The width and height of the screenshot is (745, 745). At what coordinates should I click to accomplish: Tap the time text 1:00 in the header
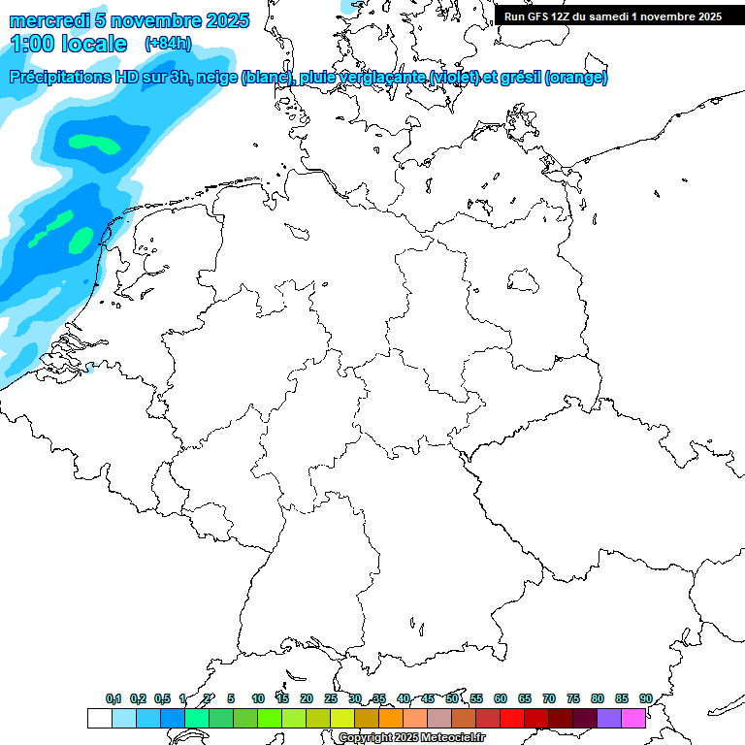[33, 44]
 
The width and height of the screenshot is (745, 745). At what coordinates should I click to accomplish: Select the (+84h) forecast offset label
[167, 44]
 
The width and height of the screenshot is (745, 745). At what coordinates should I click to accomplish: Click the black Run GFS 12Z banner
[613, 16]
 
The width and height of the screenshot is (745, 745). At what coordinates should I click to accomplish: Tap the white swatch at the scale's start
[99, 719]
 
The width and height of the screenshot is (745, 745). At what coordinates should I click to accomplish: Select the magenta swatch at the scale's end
[633, 719]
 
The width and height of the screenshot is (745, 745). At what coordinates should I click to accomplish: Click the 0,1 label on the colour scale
[113, 699]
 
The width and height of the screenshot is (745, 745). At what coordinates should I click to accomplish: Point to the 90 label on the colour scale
[645, 699]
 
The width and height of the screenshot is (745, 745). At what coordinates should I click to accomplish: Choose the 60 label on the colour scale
[501, 699]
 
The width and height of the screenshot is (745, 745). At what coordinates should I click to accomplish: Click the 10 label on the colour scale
[258, 699]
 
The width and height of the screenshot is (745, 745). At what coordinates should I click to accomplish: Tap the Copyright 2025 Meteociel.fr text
[411, 738]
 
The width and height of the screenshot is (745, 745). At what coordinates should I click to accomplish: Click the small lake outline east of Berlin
[524, 281]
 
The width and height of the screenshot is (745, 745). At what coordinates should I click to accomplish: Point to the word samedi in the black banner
[608, 16]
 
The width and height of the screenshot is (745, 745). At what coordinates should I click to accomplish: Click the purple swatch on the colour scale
[609, 719]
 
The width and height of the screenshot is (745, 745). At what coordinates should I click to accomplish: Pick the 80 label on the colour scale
[598, 699]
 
